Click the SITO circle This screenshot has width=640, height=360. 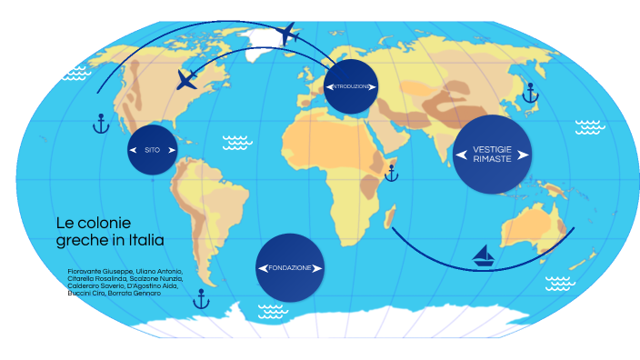click(x=152, y=149)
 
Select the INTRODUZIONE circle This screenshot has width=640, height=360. click(x=350, y=86)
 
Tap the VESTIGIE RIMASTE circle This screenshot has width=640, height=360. click(x=492, y=154)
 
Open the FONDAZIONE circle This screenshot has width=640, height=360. click(x=290, y=268)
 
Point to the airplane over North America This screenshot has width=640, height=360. click(x=187, y=79)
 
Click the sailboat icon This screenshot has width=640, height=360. click(x=485, y=256)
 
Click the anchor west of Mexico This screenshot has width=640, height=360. click(x=101, y=123)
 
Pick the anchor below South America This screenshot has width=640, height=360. click(x=202, y=297)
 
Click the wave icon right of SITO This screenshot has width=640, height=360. click(x=237, y=142)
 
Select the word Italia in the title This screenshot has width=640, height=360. click(x=145, y=240)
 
